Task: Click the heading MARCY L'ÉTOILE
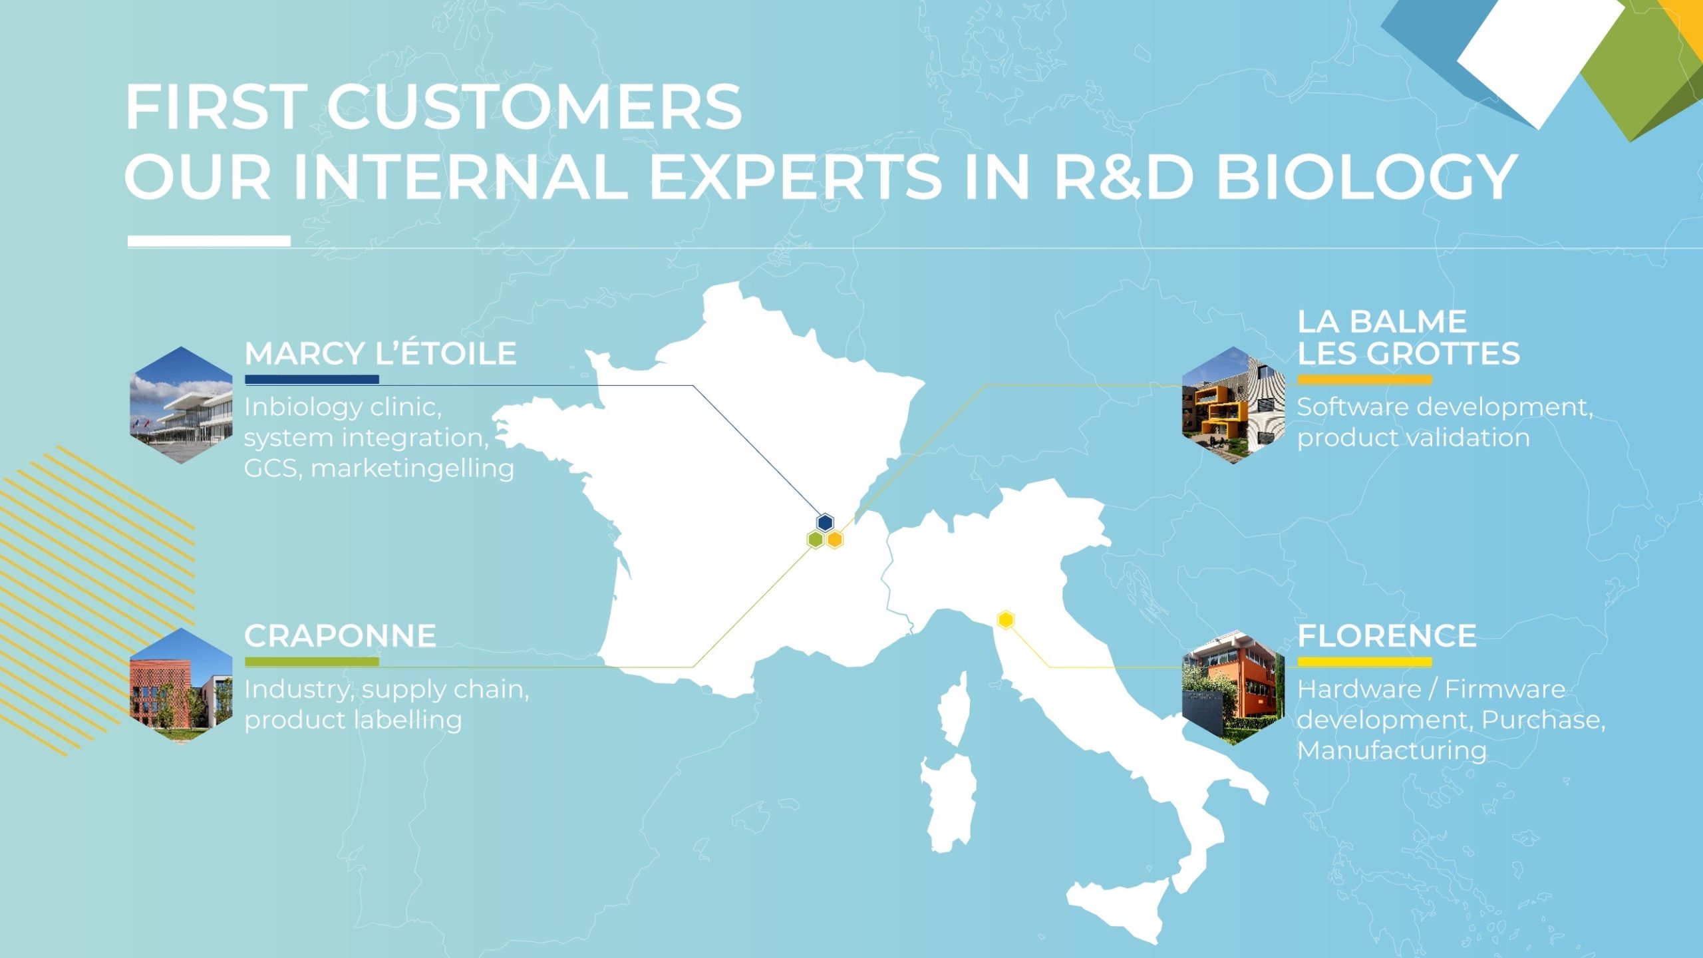[380, 353]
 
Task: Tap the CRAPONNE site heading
[340, 636]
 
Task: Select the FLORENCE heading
[1387, 636]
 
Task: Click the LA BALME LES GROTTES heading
[1408, 337]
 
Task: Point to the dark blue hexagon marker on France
[825, 522]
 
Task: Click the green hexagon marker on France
[816, 540]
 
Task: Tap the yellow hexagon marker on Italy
[1006, 620]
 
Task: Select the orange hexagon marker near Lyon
[835, 540]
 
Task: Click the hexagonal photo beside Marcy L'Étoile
[181, 404]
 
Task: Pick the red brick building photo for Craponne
[181, 685]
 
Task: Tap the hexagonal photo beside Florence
[1233, 687]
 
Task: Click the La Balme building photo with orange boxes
[1233, 404]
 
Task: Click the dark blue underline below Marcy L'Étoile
[312, 380]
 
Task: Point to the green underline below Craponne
[312, 662]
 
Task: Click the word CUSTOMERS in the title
[534, 106]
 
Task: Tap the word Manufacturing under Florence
[1392, 750]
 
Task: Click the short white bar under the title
[209, 241]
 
